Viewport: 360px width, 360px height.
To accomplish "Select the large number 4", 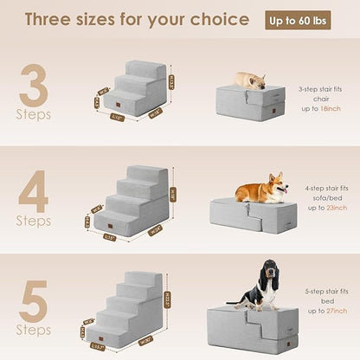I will pyautogui.click(x=33, y=195).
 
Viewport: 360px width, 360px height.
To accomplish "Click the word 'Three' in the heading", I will pyautogui.click(x=58, y=19).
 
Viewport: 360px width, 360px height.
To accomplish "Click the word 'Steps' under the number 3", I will pyautogui.click(x=33, y=114).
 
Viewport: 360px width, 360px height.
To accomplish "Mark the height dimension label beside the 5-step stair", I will pyautogui.click(x=167, y=299).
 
